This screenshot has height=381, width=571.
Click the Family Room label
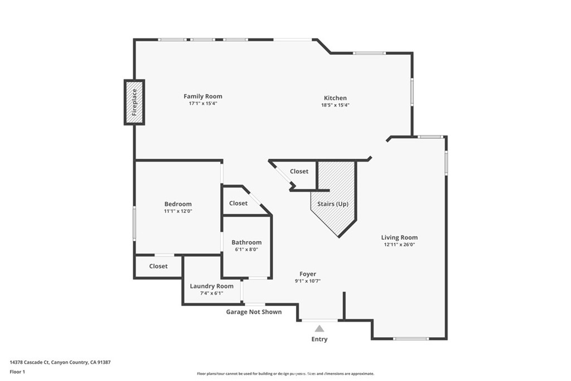[203, 97]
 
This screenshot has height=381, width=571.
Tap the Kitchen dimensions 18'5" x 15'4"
[335, 105]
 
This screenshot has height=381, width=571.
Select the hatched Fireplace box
[134, 102]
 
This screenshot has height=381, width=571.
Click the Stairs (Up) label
[333, 204]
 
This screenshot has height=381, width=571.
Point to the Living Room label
[399, 238]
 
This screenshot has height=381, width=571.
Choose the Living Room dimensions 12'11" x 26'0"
[399, 244]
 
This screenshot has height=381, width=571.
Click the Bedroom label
[178, 204]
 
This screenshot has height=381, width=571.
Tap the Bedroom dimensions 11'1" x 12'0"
[178, 211]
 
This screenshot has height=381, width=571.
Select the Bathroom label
[246, 243]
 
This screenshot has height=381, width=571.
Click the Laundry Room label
[211, 286]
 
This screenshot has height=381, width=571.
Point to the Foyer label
[308, 274]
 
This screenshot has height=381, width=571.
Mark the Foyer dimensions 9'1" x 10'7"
[308, 281]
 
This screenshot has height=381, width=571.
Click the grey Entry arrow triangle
[320, 329]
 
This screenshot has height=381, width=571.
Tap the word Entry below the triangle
[320, 339]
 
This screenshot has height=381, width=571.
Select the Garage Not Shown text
[254, 312]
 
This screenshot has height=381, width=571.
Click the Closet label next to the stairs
[299, 171]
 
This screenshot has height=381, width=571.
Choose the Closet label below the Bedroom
[158, 266]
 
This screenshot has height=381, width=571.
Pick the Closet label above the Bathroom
[238, 203]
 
